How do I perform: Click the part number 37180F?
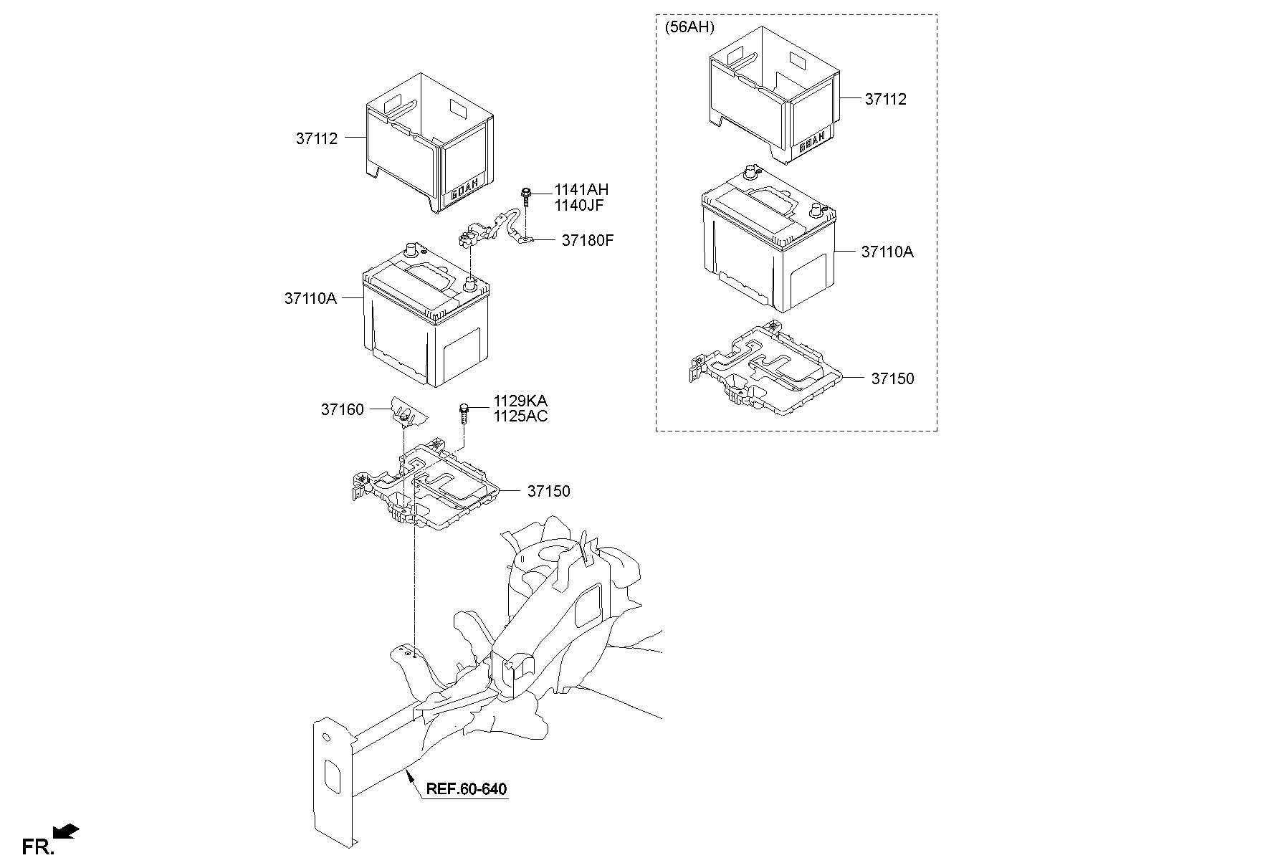(587, 240)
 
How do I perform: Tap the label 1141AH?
(581, 190)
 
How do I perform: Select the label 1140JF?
(578, 205)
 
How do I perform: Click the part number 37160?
(342, 409)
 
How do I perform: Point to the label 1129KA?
(520, 401)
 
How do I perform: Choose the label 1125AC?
(520, 416)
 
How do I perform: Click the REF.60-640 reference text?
(467, 789)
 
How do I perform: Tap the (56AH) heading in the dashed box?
(689, 28)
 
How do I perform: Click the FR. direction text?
(37, 847)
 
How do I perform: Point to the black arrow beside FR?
(67, 831)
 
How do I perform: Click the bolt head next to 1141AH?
(526, 192)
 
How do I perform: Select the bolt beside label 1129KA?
(464, 411)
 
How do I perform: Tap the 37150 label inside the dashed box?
(892, 378)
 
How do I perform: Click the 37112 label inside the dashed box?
(885, 99)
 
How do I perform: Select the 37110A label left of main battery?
(310, 298)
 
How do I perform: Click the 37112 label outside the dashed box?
(316, 138)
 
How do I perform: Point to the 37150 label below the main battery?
(548, 491)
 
